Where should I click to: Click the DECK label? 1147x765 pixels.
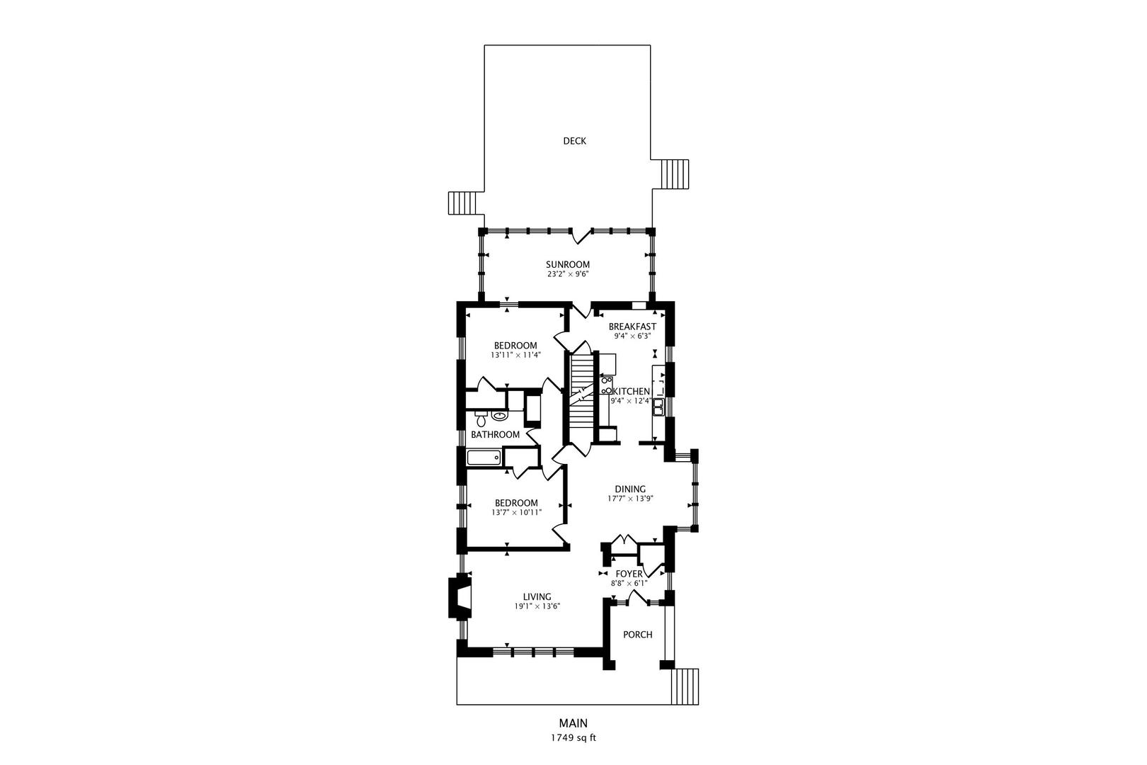[574, 141]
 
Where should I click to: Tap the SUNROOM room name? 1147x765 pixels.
[567, 264]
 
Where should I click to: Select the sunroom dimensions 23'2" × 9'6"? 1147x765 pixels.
[568, 274]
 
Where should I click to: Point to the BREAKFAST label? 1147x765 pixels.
[632, 327]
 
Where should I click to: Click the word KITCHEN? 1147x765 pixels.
[632, 392]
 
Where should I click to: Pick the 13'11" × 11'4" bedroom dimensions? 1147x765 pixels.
[515, 355]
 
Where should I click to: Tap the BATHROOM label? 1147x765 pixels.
[495, 434]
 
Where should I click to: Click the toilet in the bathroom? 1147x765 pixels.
[480, 419]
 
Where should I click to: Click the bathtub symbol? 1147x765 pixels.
[484, 457]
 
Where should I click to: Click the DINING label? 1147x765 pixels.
[630, 489]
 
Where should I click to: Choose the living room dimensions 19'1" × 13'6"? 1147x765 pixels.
[537, 606]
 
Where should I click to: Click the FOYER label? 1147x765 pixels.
[629, 574]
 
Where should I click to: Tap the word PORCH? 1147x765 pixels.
[637, 635]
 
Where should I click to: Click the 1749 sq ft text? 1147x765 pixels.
[573, 738]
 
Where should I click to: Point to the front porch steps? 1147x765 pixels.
[685, 686]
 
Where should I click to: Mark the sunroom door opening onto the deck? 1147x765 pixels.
[582, 236]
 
